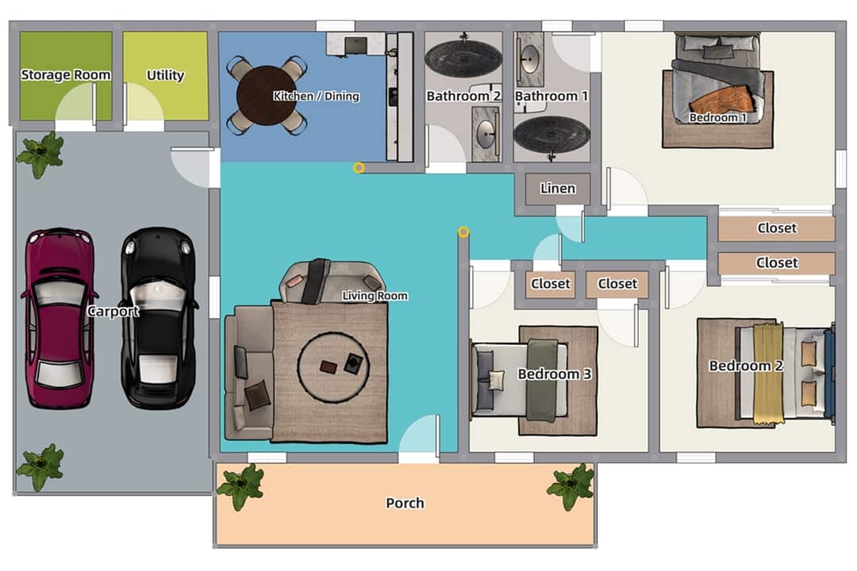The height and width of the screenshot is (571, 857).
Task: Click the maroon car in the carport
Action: [60, 317]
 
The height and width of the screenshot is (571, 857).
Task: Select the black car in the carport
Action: [159, 317]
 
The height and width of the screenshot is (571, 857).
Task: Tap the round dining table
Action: [266, 96]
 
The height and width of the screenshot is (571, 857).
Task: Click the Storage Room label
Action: [66, 75]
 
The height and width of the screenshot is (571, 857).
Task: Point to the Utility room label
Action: [165, 75]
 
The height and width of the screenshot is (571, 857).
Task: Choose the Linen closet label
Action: [558, 189]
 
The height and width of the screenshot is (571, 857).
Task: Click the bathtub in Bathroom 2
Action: [463, 57]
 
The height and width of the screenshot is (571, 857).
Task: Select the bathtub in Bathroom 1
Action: [551, 132]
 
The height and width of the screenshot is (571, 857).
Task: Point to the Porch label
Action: [405, 503]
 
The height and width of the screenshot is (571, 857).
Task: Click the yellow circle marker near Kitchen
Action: [359, 167]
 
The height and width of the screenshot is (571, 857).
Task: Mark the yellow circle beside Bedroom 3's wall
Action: [463, 232]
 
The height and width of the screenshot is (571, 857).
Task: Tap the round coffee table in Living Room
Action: [332, 366]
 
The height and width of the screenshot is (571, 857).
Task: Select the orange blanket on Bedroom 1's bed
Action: [723, 100]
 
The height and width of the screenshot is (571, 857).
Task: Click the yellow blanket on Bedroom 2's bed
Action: [767, 371]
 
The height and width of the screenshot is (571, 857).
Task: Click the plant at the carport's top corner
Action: [40, 153]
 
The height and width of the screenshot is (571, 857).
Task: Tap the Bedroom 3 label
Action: [555, 374]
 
